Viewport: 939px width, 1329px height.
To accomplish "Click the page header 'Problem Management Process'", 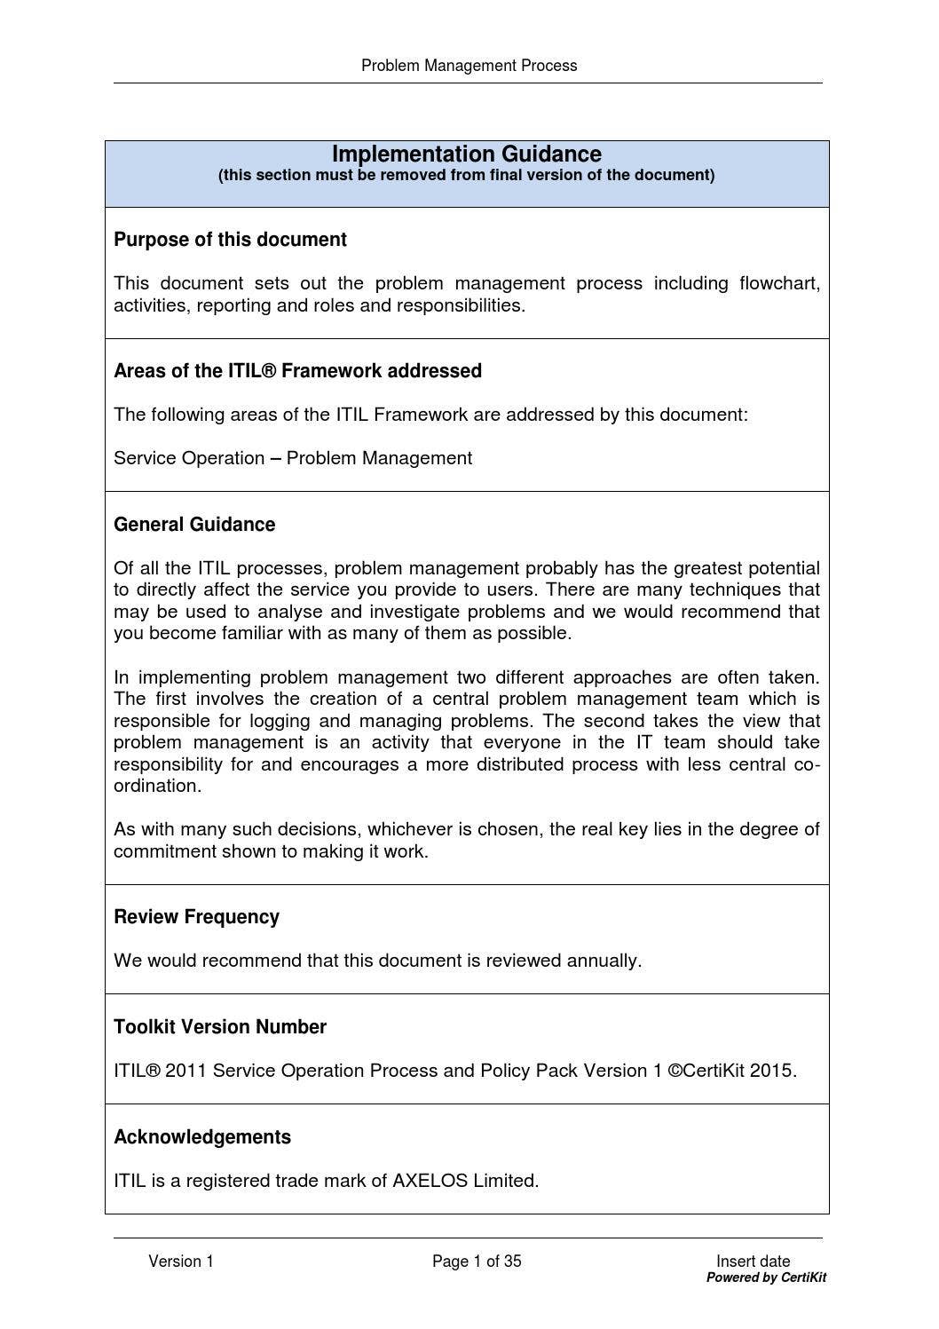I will [x=469, y=66].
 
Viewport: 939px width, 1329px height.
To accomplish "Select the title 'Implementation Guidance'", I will [x=466, y=154].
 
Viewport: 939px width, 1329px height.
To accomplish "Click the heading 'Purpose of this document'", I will [x=230, y=240].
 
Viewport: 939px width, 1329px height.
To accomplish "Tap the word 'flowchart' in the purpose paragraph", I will [x=779, y=283].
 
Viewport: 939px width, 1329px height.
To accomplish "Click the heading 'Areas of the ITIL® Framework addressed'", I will [x=297, y=371].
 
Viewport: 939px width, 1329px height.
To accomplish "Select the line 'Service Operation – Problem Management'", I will [x=293, y=458].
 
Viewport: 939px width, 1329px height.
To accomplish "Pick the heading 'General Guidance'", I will [x=194, y=525].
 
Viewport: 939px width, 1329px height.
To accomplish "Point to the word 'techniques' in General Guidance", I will [x=735, y=589].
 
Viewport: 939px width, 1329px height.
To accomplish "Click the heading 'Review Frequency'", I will [x=196, y=917].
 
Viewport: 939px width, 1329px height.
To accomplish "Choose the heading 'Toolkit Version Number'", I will [x=220, y=1027].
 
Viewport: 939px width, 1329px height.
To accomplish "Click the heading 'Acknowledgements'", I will [x=202, y=1137].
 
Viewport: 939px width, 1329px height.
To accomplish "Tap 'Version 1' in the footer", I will [x=181, y=1262].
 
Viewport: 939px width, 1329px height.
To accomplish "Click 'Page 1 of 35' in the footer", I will [x=477, y=1262].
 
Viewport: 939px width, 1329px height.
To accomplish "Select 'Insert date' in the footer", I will [x=753, y=1262].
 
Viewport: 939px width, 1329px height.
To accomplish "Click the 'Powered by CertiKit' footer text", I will [x=766, y=1278].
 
